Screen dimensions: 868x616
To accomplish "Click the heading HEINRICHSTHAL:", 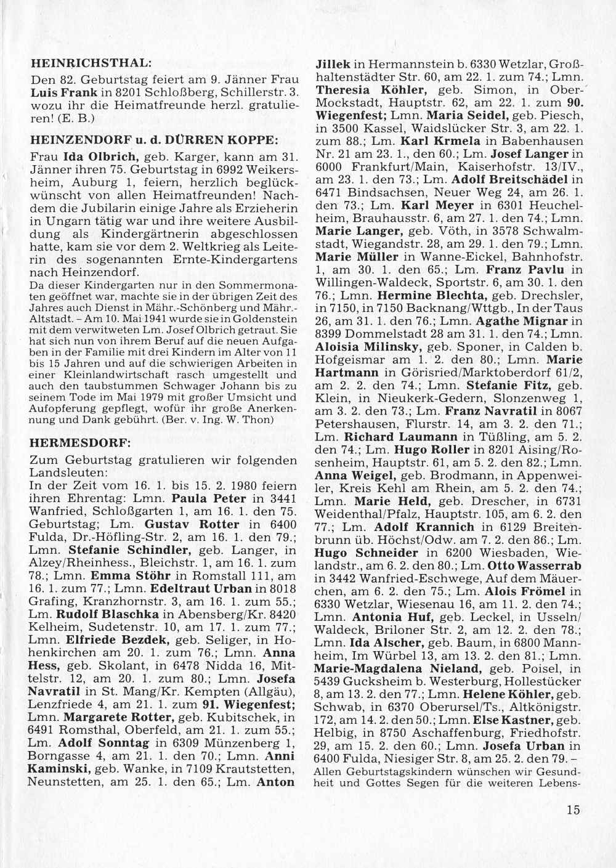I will tap(91, 63).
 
